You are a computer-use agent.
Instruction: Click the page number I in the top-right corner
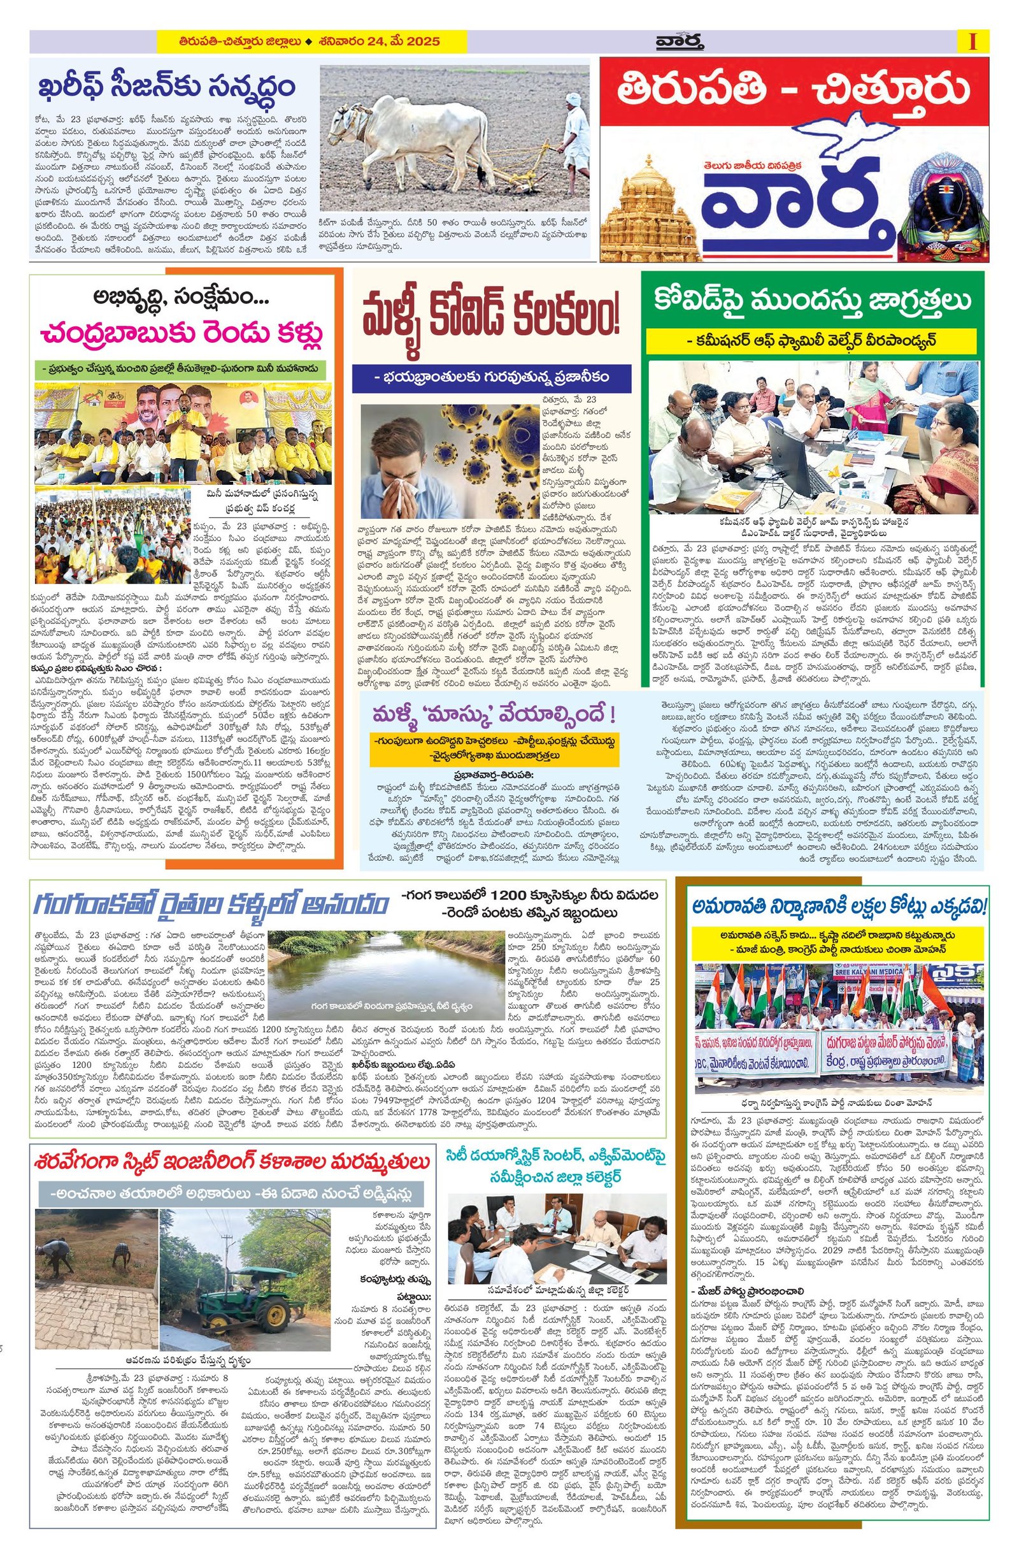[973, 42]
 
